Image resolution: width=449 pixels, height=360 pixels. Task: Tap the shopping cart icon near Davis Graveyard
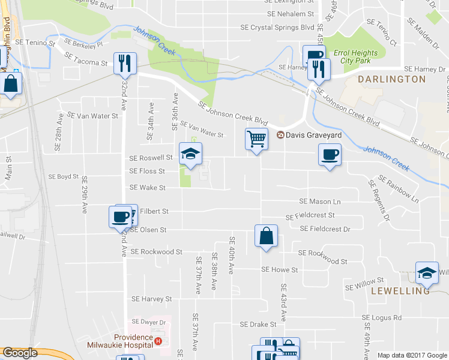point(256,140)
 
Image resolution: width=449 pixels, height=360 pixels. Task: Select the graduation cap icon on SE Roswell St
point(191,154)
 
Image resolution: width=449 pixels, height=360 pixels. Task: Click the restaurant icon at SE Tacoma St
point(125,63)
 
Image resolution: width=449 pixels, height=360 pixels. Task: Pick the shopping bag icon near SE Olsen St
point(266,236)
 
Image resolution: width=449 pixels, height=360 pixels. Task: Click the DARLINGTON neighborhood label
point(391,79)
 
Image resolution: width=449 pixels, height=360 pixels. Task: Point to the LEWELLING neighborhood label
point(401,291)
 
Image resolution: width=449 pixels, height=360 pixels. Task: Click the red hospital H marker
point(158,341)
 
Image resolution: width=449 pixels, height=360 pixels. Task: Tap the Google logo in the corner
point(19,353)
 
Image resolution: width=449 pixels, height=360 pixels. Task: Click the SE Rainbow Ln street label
point(397,188)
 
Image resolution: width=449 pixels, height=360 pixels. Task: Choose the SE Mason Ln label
point(320,201)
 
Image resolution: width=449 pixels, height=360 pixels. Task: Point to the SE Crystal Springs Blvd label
point(277,28)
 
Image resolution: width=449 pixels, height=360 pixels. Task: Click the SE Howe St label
point(279,271)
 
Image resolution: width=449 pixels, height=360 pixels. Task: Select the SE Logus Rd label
point(382,317)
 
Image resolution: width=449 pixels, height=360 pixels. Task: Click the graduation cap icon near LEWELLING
point(427,273)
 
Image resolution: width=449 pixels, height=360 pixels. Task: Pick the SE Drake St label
point(258,325)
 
